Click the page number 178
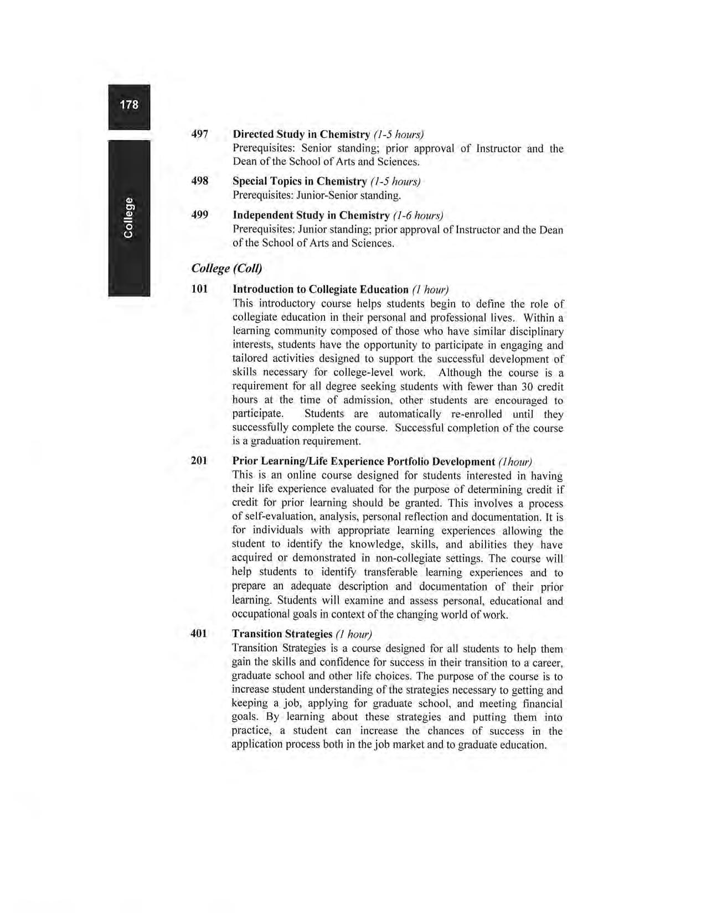tap(129, 105)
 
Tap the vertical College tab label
tap(128, 217)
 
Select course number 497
tap(199, 134)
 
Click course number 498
tap(199, 181)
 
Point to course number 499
tap(199, 215)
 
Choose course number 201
tap(199, 460)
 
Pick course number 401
tap(199, 633)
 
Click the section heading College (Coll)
tap(226, 268)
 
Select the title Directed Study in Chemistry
tap(301, 134)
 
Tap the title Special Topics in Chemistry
tap(300, 181)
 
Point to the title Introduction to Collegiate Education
tap(321, 289)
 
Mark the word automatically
tap(410, 414)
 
